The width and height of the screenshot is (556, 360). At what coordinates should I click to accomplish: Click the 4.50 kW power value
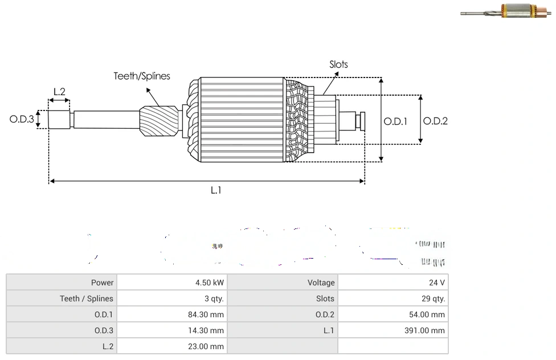tap(209, 283)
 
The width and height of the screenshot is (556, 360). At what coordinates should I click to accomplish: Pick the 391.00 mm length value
tap(424, 330)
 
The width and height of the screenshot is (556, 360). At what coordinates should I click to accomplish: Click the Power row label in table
tap(102, 283)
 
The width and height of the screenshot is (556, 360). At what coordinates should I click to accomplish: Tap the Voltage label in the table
tap(321, 283)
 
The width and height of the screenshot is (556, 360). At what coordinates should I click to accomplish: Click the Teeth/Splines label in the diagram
tap(142, 76)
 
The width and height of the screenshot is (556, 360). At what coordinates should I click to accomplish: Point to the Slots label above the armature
tap(338, 64)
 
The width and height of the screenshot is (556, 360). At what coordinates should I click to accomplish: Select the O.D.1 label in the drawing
tap(395, 121)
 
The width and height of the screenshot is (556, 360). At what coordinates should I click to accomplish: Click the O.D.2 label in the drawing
tap(436, 121)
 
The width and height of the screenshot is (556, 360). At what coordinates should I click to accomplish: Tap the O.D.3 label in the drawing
tap(22, 120)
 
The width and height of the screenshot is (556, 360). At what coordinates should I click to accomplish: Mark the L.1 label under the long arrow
tap(216, 190)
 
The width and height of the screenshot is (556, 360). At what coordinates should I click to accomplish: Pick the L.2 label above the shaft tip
tap(59, 92)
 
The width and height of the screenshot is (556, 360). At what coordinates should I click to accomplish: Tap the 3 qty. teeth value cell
tap(215, 298)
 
